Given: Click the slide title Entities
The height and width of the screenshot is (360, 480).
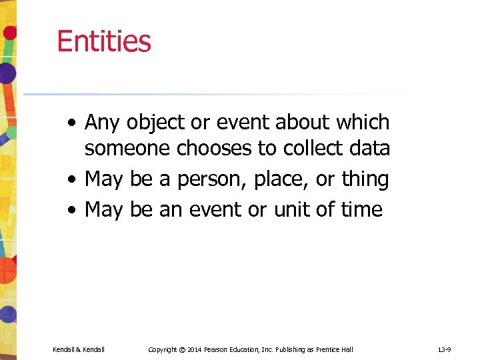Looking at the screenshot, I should point(104,41).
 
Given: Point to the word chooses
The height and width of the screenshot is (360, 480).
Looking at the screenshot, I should point(215,148).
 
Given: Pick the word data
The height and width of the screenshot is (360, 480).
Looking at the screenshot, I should point(369,148).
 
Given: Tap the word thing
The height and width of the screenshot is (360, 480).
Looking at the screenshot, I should point(365,179).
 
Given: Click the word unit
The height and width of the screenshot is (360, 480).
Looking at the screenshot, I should point(295,209).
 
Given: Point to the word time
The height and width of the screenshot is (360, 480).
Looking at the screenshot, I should point(360,209).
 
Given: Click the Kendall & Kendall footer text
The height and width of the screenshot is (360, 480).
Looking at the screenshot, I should point(79,349).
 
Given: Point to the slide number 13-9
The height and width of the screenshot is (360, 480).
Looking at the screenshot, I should point(445,349).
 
